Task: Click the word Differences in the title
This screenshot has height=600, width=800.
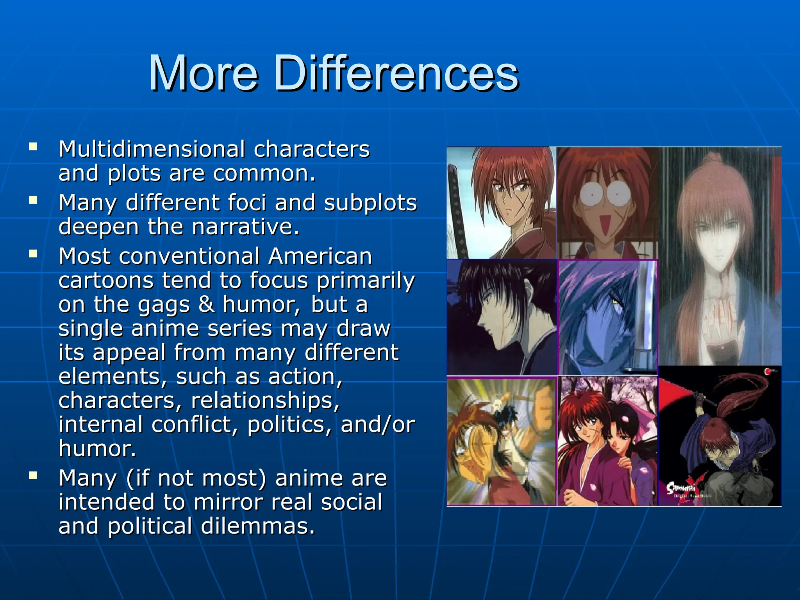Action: coord(395,73)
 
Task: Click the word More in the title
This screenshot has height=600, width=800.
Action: coord(203,73)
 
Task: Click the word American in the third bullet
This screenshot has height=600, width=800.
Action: coord(320,257)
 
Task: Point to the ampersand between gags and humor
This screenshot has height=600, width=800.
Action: coord(206,305)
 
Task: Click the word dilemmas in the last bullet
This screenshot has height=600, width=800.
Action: coord(257,526)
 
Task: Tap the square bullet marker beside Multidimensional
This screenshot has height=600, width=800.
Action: coord(33,147)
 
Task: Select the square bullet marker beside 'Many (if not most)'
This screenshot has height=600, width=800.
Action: coord(33,475)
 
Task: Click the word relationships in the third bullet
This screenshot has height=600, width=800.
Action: coord(265,401)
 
